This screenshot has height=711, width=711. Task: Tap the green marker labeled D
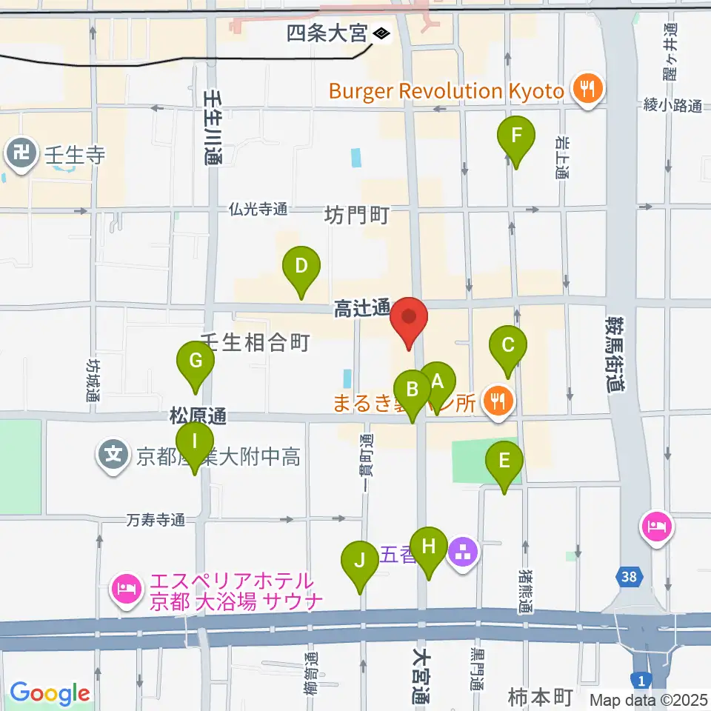pos(301,267)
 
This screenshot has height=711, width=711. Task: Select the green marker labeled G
pos(196,362)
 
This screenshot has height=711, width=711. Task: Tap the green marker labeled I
pos(195,443)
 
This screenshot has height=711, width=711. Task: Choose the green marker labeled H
pos(429,548)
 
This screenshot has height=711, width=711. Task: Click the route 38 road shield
pos(629,575)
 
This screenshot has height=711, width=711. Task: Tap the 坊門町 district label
pos(357,216)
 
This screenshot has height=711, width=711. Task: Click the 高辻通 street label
pos(361,309)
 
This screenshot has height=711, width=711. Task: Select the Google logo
pos(50,693)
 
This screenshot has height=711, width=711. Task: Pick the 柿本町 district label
pos(541,696)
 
